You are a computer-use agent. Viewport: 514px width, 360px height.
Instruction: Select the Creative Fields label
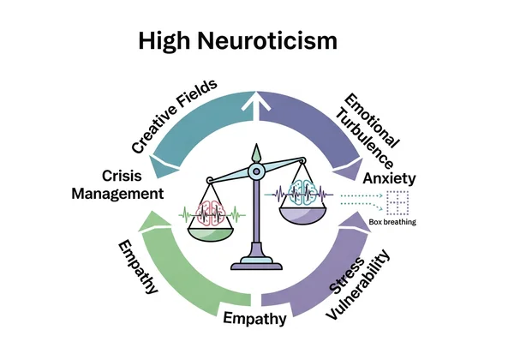coord(173,117)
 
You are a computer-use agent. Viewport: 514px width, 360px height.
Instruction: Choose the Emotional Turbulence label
coord(368,129)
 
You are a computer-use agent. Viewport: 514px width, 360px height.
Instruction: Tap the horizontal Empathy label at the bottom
coord(254,320)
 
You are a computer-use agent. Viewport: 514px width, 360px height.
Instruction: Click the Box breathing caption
coord(392,222)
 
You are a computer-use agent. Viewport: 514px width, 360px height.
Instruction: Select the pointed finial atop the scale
coord(254,155)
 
